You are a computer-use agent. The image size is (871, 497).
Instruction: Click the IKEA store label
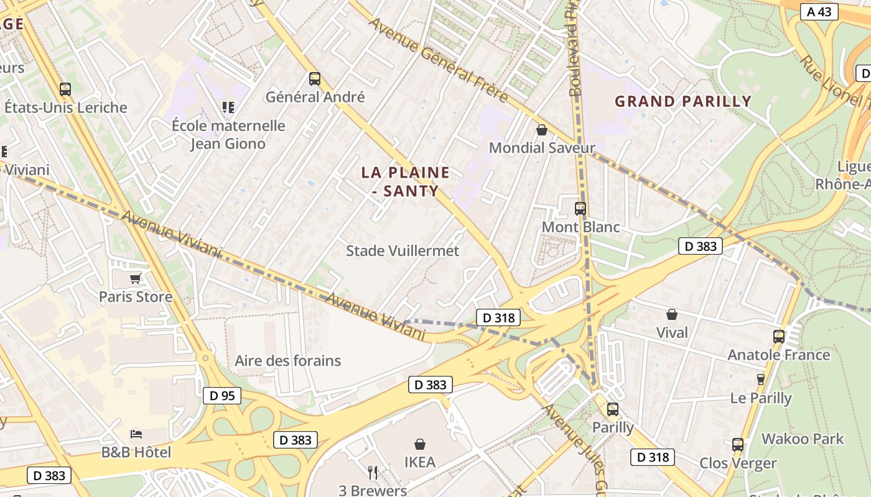pos(420,462)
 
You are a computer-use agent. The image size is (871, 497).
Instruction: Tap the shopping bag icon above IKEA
pos(420,444)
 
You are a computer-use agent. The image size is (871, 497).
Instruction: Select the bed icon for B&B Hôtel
pos(136,434)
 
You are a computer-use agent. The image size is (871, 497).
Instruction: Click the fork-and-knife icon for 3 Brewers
pos(373,473)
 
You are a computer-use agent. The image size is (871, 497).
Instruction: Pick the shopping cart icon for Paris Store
pos(136,278)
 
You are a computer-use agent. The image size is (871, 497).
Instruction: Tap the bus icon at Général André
pos(315,79)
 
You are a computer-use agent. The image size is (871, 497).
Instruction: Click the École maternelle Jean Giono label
pos(228,134)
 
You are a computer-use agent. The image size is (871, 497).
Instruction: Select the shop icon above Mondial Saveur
pos(542,130)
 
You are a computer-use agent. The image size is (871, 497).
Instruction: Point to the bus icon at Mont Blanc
pos(580,209)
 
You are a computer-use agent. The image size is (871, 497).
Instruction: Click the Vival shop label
pos(672,332)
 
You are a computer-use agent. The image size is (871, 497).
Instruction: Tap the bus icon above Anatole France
pos(778,337)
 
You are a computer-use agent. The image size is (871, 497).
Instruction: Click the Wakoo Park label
pos(803,439)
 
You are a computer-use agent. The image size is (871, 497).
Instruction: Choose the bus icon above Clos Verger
pos(738,445)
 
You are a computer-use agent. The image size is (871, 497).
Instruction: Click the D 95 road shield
pos(221,395)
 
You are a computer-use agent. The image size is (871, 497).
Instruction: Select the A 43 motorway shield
pos(819,11)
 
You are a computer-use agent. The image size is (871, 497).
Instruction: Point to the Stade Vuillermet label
pos(403,250)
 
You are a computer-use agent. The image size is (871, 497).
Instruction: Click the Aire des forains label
pos(287,360)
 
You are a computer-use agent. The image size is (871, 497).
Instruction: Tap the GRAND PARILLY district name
pos(683,101)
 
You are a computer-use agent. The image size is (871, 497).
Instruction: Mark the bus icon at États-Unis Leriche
pos(65,89)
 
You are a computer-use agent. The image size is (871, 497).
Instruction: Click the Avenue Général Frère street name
pos(438,61)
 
